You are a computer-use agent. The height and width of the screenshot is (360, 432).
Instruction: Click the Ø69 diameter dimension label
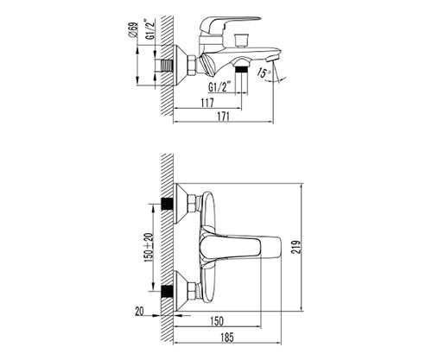pos(134,29)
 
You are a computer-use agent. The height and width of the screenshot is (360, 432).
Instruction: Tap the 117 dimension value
pos(207,103)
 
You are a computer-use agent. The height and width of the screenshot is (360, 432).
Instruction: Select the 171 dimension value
pos(224,117)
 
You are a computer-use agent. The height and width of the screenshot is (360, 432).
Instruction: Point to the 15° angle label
pos(264,73)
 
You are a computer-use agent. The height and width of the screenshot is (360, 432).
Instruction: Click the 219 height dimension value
pos(296,247)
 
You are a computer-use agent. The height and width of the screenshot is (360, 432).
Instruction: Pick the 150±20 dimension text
pos(149,248)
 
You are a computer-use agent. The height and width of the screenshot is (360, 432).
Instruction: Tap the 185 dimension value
pos(227,338)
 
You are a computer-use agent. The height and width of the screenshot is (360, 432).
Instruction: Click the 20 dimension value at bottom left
pos(139,312)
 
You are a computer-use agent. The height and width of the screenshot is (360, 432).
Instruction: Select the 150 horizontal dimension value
pos(217,321)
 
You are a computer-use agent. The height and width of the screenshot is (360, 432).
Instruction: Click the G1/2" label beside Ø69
pos(149,29)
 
